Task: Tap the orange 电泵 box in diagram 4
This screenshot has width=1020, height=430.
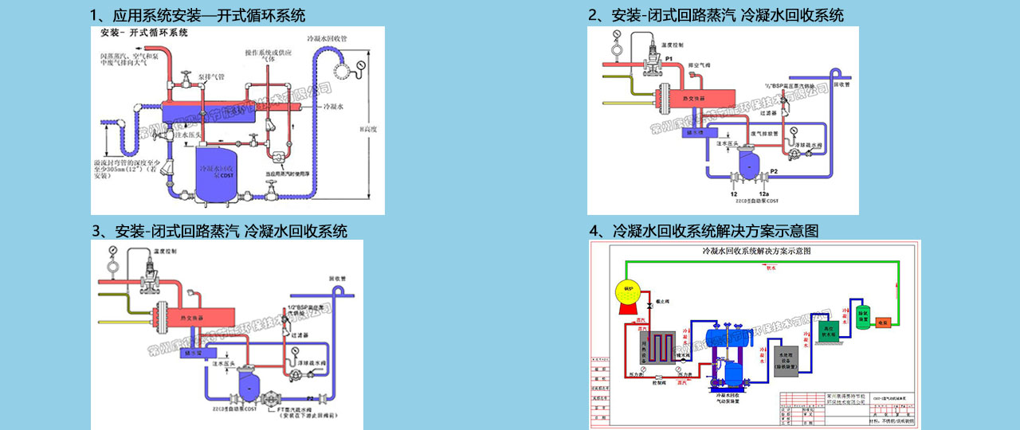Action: pyautogui.click(x=882, y=322)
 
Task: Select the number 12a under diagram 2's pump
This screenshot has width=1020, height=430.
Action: pyautogui.click(x=764, y=193)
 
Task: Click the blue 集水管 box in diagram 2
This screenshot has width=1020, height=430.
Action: pyautogui.click(x=696, y=134)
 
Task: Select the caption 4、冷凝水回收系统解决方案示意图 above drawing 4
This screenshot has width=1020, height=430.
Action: pyautogui.click(x=704, y=231)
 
